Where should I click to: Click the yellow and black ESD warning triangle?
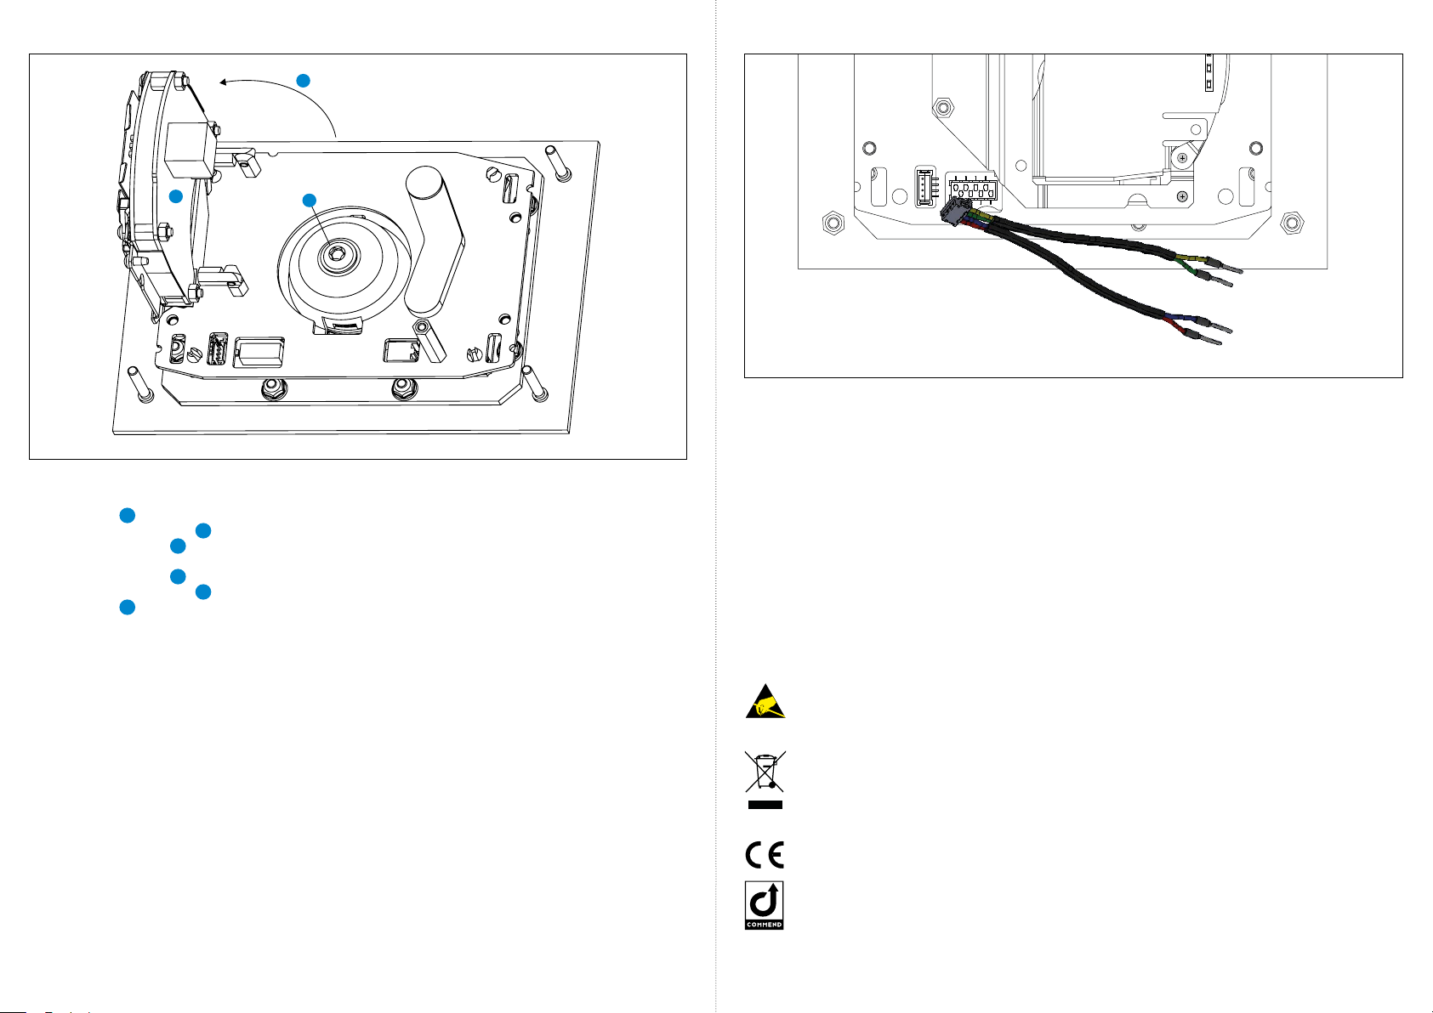765,702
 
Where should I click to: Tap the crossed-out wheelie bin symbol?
765,772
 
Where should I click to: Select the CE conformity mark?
765,855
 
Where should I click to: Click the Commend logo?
764,906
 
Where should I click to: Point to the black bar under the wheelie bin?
765,805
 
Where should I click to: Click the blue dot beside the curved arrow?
304,81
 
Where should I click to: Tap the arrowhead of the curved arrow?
224,82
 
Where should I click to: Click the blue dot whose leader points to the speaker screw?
309,201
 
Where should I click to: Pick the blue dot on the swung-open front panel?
176,196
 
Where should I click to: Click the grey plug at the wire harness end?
955,210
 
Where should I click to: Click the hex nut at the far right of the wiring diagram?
1292,223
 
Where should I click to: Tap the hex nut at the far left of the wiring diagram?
833,223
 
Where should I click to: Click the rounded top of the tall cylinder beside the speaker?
424,179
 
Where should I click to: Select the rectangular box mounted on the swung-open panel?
190,150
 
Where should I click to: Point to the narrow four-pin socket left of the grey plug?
925,187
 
